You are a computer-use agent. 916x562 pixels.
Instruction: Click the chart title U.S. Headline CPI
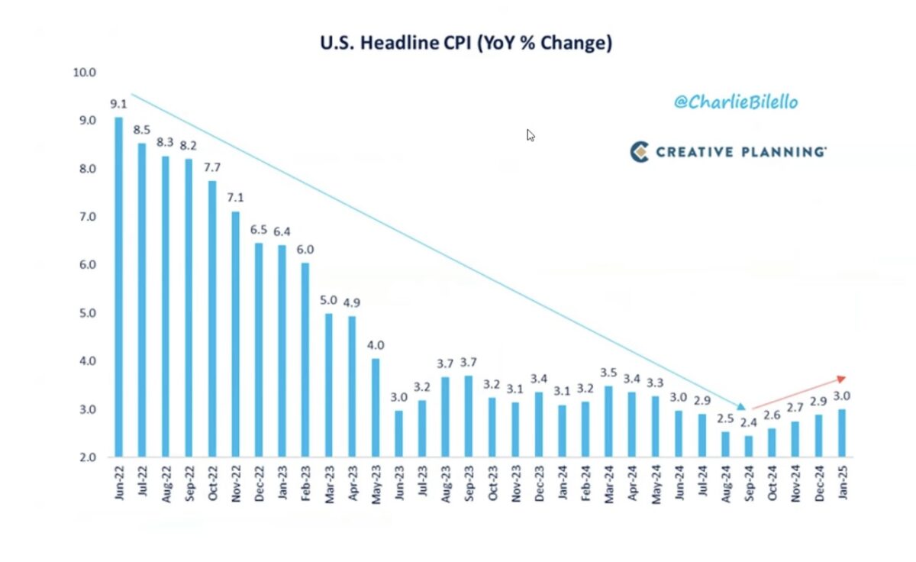point(466,43)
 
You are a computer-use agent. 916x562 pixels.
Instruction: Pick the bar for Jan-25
point(842,432)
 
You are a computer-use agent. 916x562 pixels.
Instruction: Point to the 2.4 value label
point(749,422)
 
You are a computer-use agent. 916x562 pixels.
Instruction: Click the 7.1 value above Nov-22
point(236,199)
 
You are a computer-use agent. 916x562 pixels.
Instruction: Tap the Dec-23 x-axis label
point(539,483)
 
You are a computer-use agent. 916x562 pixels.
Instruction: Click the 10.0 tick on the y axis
point(84,73)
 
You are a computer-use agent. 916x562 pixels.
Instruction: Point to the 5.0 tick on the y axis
point(86,313)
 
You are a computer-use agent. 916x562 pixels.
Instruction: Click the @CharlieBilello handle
point(735,102)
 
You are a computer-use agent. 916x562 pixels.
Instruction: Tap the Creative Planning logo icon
point(639,151)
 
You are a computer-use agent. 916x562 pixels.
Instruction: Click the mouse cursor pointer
point(531,135)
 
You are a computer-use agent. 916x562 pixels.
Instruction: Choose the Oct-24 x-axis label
point(772,483)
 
